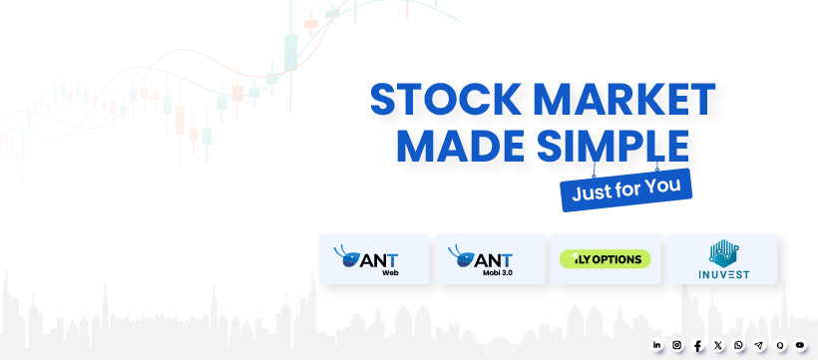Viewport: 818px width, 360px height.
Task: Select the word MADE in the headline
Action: [461, 145]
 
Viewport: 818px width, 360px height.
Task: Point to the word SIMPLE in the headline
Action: [613, 145]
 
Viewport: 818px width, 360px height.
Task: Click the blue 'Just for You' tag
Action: [626, 189]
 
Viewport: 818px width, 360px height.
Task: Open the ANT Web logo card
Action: [373, 259]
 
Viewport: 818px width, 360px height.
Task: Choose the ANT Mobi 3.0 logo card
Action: [490, 259]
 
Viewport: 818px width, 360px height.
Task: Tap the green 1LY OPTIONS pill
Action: [606, 259]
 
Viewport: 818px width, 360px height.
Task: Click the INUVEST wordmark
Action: [723, 274]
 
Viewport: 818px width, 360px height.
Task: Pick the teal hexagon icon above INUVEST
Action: [723, 253]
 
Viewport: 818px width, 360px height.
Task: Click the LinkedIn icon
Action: [656, 345]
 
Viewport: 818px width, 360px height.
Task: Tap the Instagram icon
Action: [677, 345]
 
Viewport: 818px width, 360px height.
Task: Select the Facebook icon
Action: [698, 345]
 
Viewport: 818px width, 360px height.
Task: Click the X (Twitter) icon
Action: [718, 345]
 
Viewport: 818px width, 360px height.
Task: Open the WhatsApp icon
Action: [739, 345]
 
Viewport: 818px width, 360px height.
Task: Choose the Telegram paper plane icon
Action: [759, 345]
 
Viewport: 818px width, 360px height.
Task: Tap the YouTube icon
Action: [800, 345]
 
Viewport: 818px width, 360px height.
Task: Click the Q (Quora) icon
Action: [780, 345]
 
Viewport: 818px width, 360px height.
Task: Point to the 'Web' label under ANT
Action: [390, 272]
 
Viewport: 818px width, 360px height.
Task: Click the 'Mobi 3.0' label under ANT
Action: [498, 272]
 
